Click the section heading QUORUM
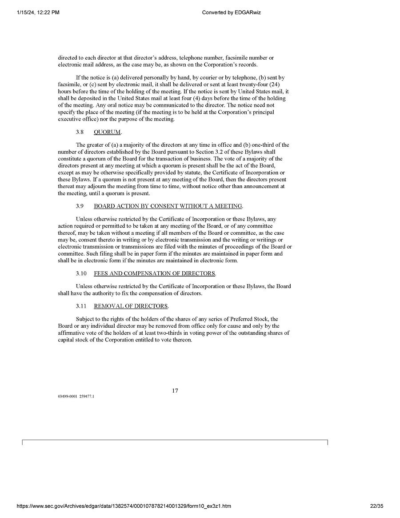(x=108, y=132)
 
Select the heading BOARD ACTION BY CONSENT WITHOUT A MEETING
(x=168, y=206)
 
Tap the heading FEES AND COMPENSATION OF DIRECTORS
(x=155, y=273)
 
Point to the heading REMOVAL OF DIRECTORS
(x=131, y=306)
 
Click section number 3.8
(x=80, y=132)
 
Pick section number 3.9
(x=80, y=206)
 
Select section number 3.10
(x=81, y=273)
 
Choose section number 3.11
(x=81, y=306)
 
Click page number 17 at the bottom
(x=175, y=391)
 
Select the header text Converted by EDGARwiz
(x=231, y=12)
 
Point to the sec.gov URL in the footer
(x=124, y=506)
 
